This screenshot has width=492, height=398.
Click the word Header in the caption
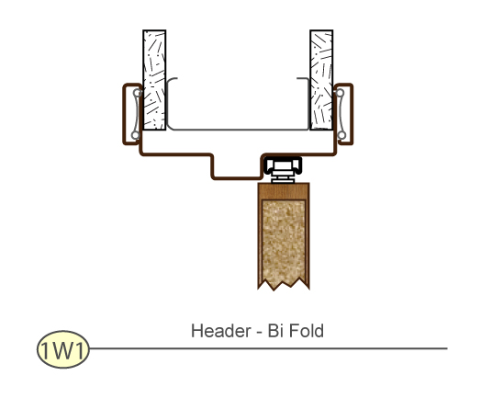click(221, 331)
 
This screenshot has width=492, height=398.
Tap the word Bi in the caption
click(274, 331)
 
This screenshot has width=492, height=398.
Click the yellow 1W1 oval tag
click(63, 349)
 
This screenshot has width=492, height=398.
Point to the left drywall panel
click(154, 80)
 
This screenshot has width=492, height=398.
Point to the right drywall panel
click(321, 80)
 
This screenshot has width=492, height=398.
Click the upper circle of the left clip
click(138, 93)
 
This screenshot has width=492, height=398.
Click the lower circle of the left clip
click(135, 135)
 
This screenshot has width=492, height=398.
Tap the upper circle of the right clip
click(340, 93)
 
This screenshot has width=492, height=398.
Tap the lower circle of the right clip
click(341, 135)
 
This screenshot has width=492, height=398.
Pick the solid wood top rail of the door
click(284, 190)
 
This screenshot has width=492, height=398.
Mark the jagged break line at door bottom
click(284, 283)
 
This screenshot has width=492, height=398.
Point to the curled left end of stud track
click(169, 85)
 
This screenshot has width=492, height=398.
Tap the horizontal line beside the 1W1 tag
click(268, 348)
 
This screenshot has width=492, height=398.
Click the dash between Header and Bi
click(259, 333)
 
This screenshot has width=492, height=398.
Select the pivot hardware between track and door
click(283, 171)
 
